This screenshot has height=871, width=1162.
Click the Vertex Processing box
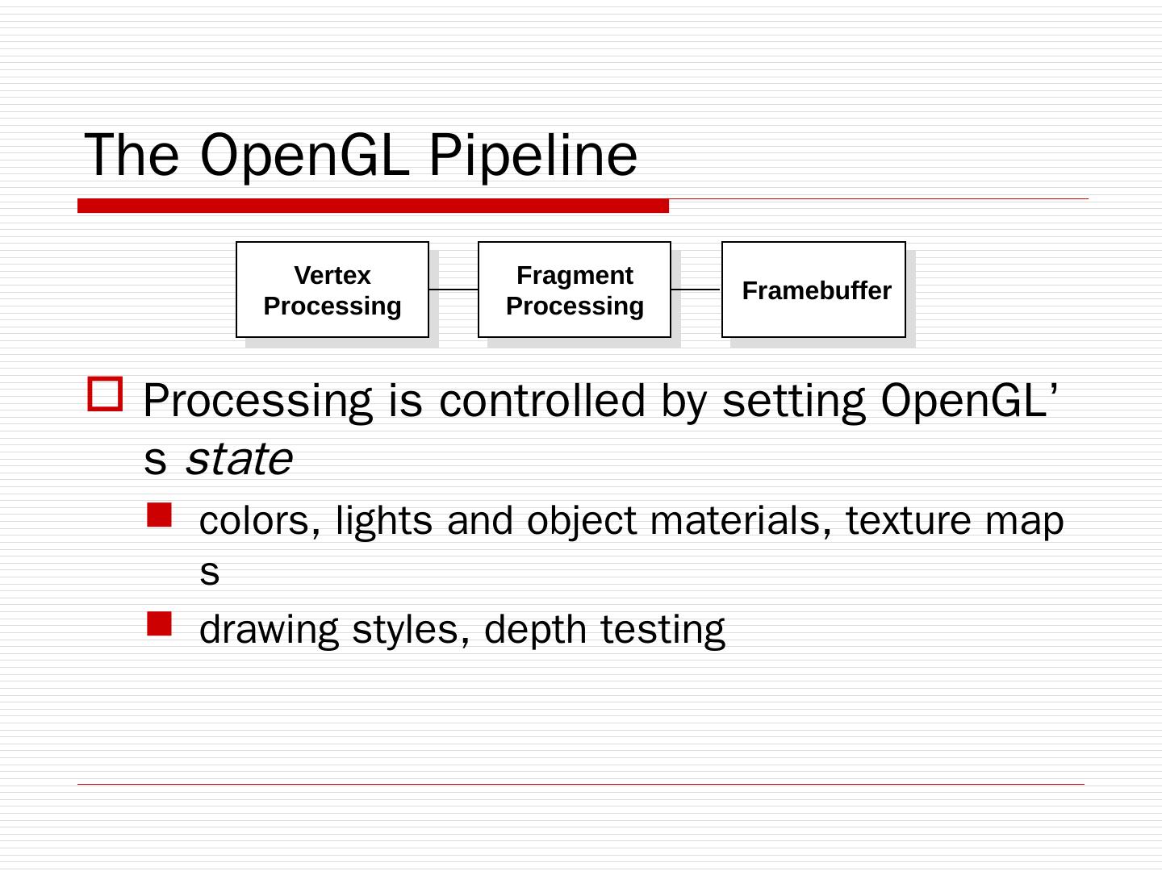pyautogui.click(x=332, y=290)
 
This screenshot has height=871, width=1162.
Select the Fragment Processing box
pyautogui.click(x=574, y=290)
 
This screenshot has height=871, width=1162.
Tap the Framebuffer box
pyautogui.click(x=813, y=290)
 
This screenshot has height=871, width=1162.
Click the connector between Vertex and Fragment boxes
pyautogui.click(x=454, y=289)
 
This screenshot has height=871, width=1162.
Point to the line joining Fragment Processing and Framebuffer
pyautogui.click(x=696, y=289)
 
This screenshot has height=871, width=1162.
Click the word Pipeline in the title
pyautogui.click(x=533, y=155)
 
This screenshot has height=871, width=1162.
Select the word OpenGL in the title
pyautogui.click(x=303, y=155)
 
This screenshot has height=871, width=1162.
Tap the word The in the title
pyautogui.click(x=132, y=155)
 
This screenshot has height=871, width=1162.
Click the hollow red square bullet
pyautogui.click(x=105, y=395)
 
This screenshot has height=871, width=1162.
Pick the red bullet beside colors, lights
pyautogui.click(x=160, y=515)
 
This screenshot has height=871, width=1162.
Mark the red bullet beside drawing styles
pyautogui.click(x=160, y=623)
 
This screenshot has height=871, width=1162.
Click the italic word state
pyautogui.click(x=238, y=460)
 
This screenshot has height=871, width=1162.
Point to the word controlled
pyautogui.click(x=542, y=400)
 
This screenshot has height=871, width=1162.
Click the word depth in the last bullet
pyautogui.click(x=535, y=630)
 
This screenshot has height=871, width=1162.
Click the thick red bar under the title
pyautogui.click(x=373, y=206)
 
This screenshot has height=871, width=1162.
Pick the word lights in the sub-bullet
pyautogui.click(x=383, y=521)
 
